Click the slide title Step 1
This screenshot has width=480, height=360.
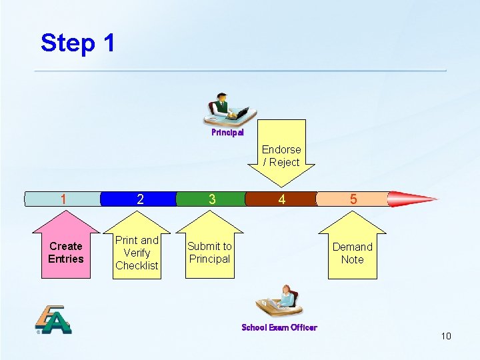(x=77, y=43)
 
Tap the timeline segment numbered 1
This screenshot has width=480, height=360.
(x=62, y=199)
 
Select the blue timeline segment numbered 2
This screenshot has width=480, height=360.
(x=139, y=199)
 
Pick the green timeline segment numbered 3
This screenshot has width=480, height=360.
(x=211, y=199)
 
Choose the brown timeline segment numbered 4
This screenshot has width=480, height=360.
(x=281, y=199)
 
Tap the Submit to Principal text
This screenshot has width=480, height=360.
(x=209, y=253)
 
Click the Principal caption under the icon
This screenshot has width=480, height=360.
(x=227, y=133)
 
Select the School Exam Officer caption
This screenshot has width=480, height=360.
(x=279, y=327)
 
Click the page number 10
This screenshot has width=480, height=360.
(x=446, y=336)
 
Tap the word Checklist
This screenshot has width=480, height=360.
(x=137, y=265)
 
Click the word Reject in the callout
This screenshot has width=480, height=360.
(x=284, y=162)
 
